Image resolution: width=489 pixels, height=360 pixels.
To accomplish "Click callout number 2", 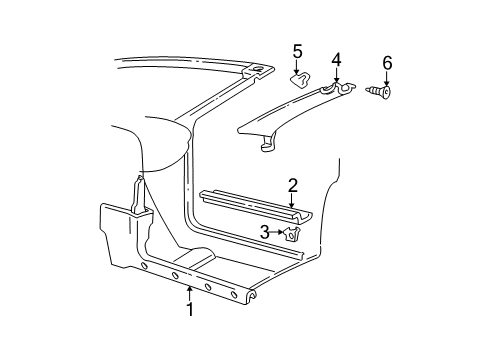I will tap(292, 184).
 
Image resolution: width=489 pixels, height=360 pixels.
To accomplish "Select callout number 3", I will tap(265, 233).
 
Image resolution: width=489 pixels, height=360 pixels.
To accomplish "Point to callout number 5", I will tap(297, 50).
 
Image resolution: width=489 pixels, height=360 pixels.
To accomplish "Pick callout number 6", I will tap(387, 63).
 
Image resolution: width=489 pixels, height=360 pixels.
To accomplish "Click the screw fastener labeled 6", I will tap(382, 94).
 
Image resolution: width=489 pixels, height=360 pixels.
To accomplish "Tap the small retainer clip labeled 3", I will tap(291, 235).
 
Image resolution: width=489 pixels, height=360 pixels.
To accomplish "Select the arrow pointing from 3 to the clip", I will tap(277, 233).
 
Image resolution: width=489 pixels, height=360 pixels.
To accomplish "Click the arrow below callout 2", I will tap(292, 198).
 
